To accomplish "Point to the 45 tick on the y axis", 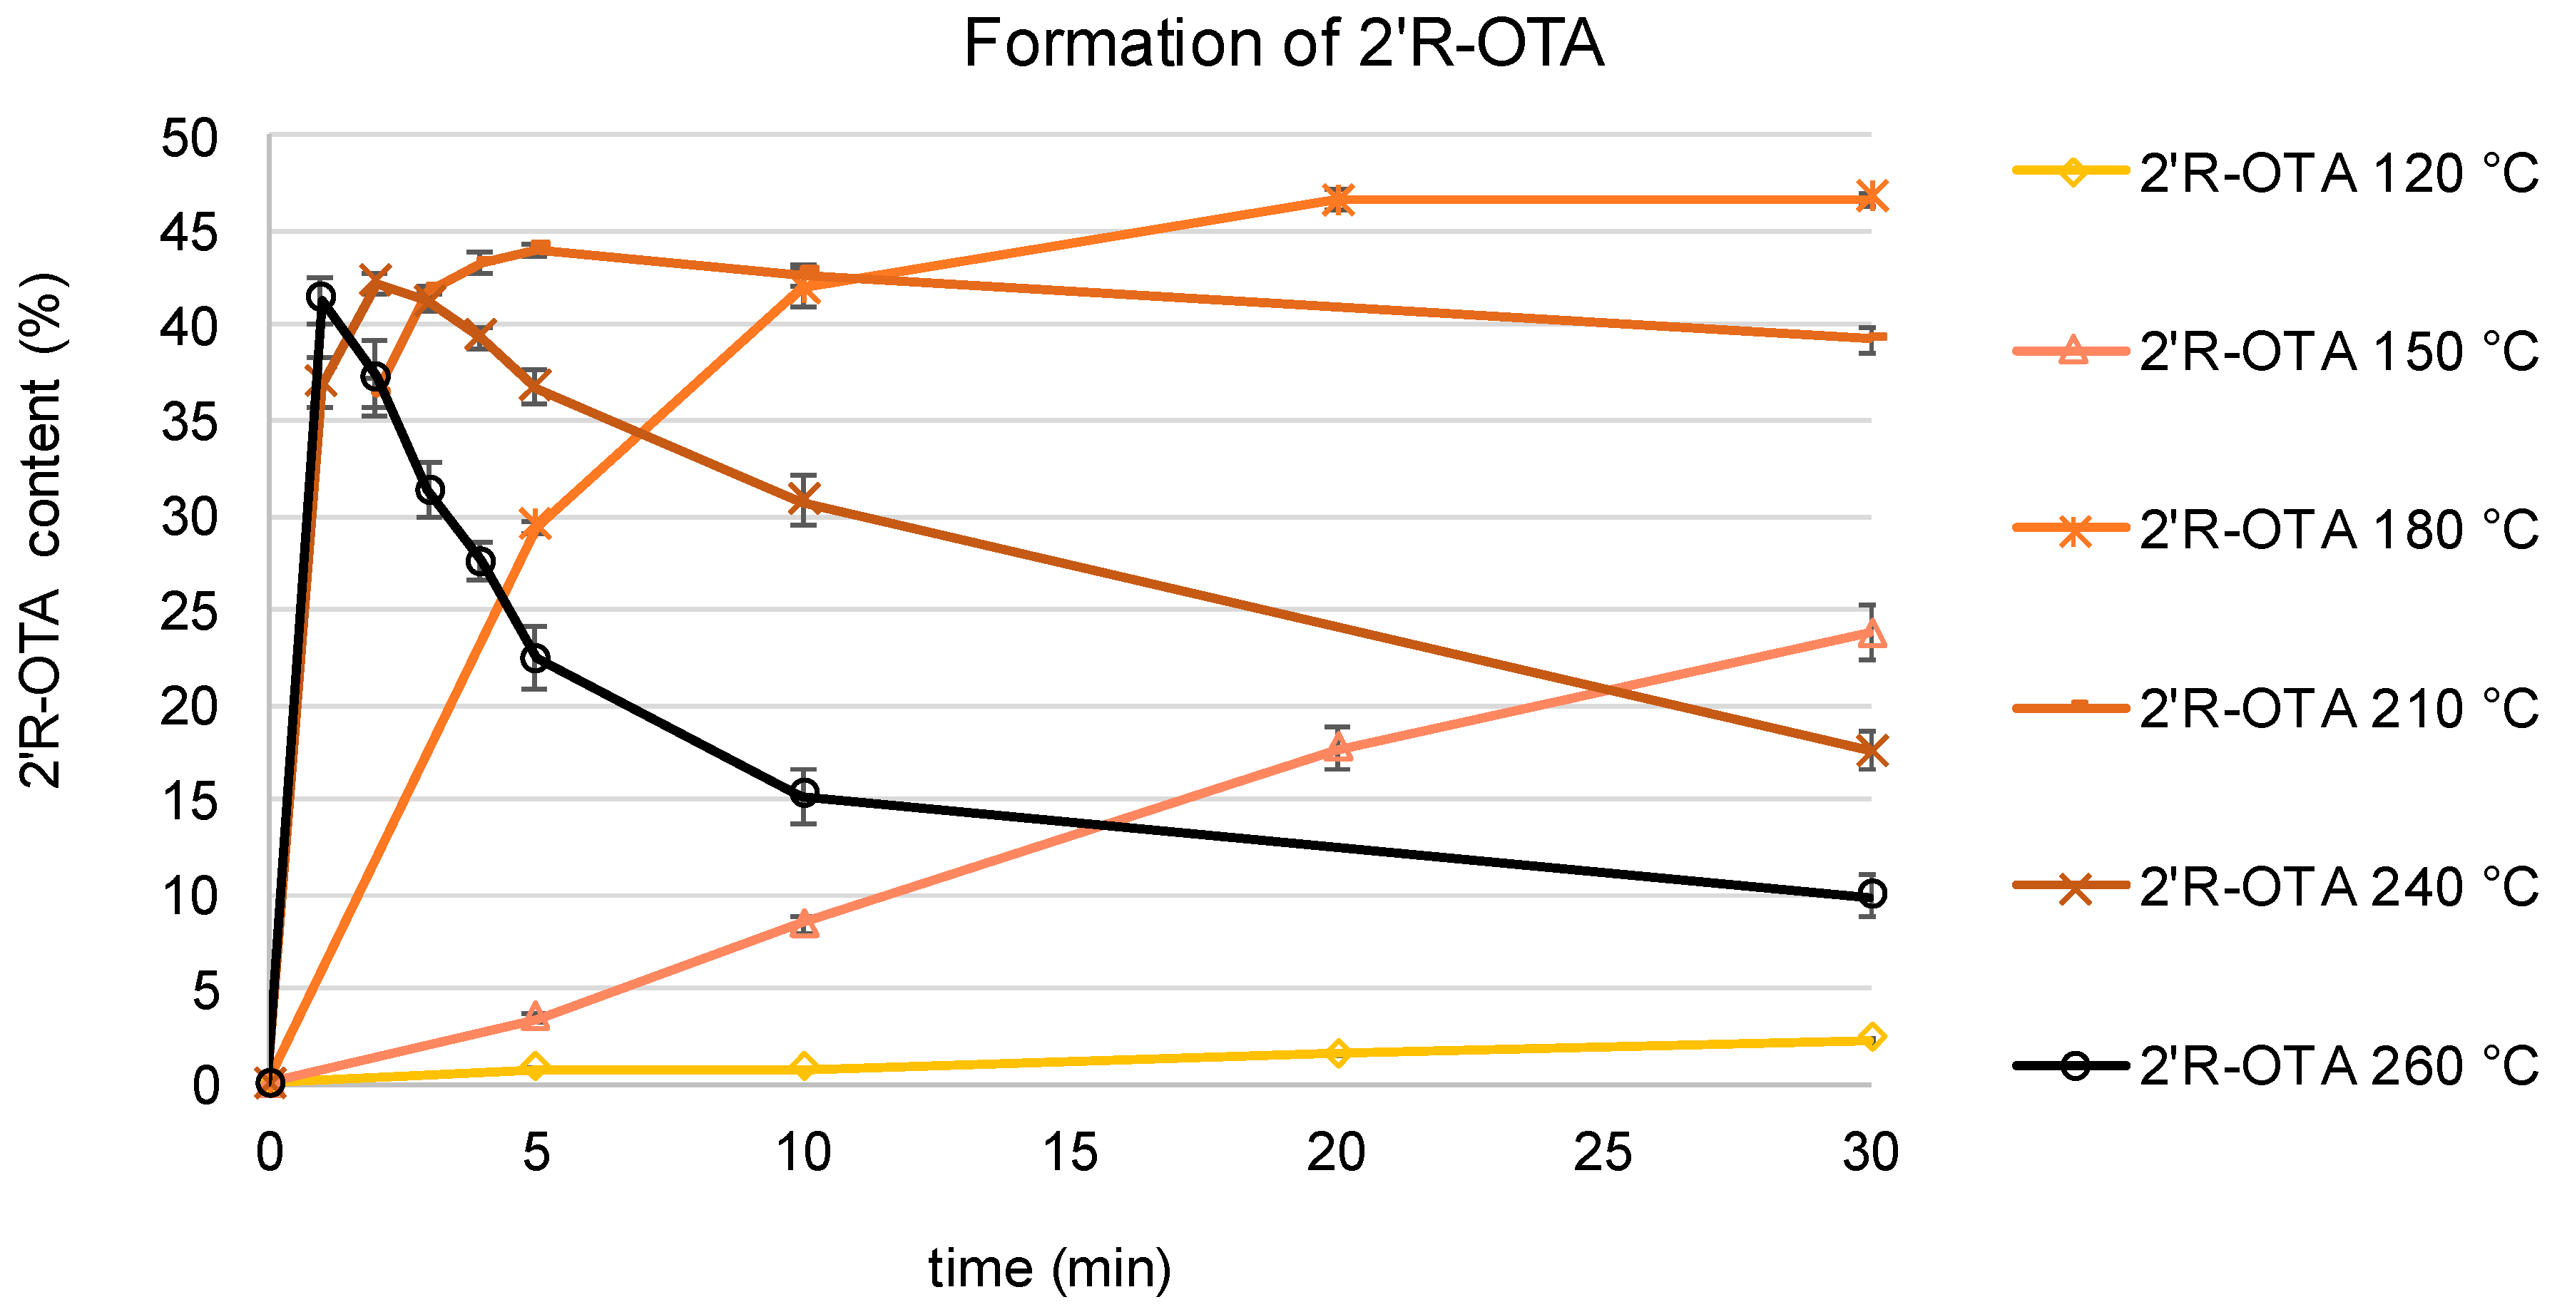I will (x=189, y=233).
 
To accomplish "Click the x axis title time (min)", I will (x=1049, y=1269).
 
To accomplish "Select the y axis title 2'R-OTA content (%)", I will (x=42, y=530).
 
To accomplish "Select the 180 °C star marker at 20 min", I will (x=1338, y=199).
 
